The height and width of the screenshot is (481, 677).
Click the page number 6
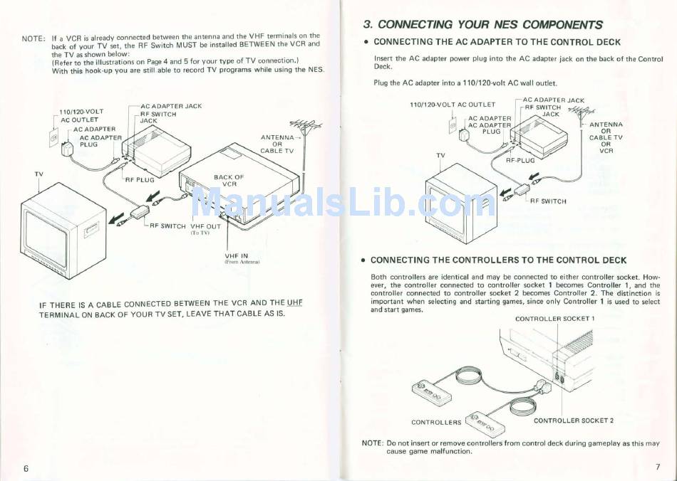click(26, 468)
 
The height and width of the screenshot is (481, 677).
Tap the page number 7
click(658, 467)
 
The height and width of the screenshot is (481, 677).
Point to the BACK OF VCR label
click(229, 180)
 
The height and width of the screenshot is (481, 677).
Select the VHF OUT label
click(205, 226)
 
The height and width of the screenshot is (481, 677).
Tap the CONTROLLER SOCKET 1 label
click(554, 319)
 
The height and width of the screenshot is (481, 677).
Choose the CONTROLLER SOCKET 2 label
click(574, 421)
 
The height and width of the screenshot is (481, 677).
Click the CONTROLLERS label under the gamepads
click(436, 422)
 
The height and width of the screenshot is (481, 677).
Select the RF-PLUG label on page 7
click(520, 161)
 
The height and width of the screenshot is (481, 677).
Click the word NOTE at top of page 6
click(33, 37)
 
